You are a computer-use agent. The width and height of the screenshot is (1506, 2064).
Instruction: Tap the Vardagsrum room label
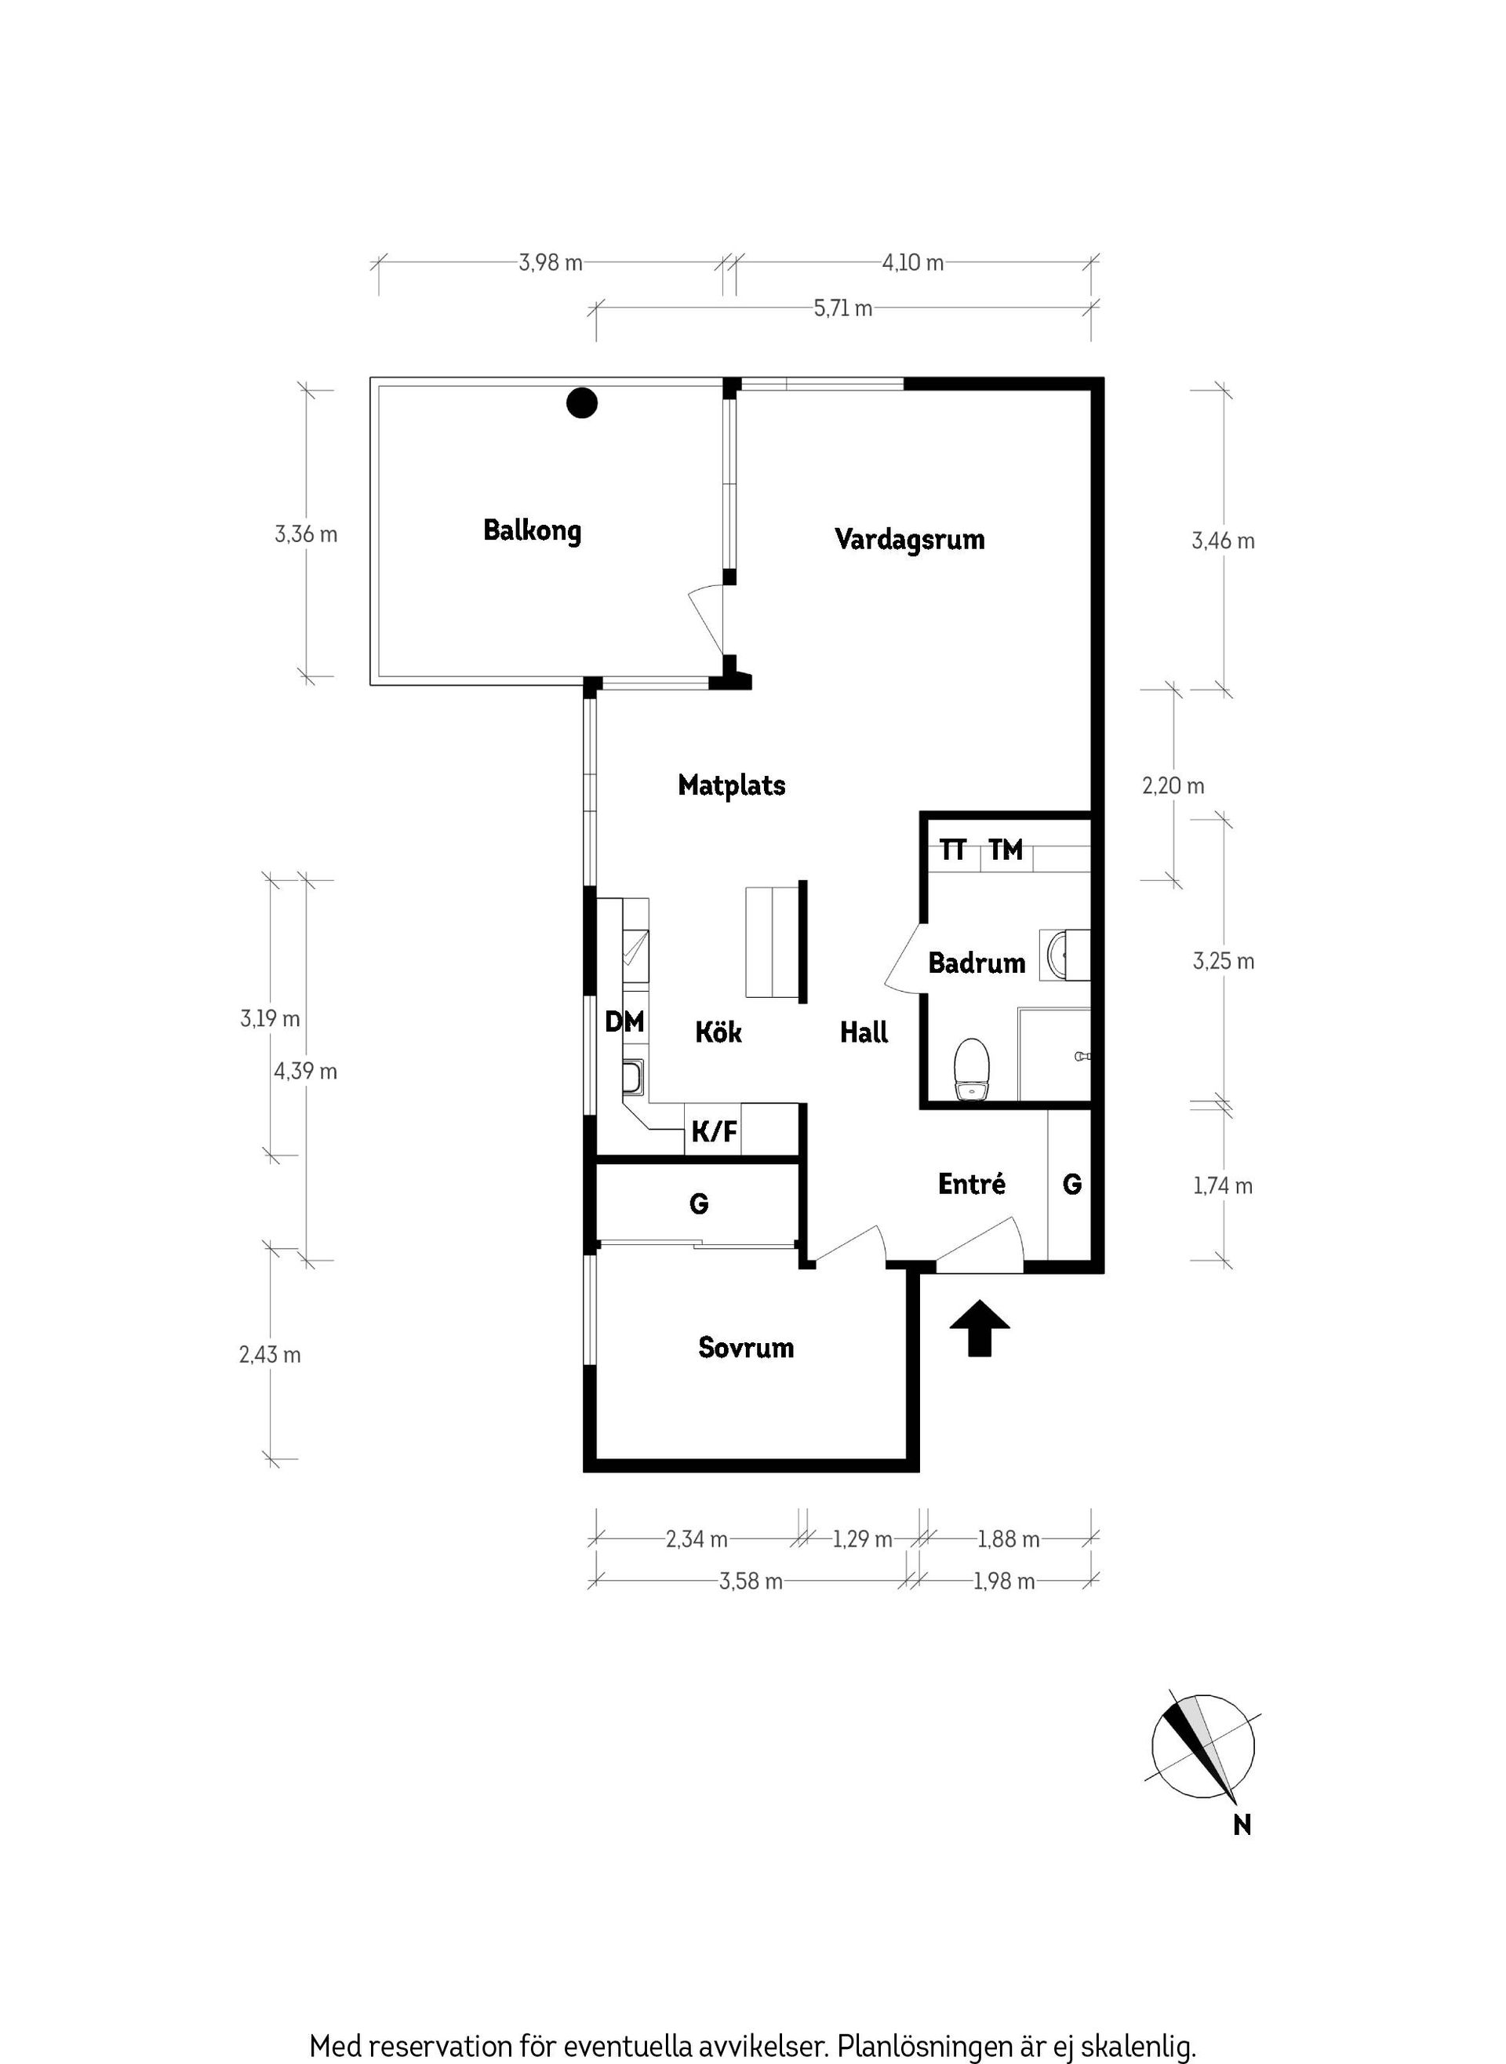click(x=909, y=539)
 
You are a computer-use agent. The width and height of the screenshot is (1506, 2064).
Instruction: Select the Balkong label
click(x=532, y=530)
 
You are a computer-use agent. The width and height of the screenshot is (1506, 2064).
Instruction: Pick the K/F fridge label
click(x=714, y=1132)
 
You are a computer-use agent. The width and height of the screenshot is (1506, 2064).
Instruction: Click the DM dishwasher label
click(x=624, y=1021)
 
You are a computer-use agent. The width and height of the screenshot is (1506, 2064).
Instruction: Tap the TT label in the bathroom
click(x=953, y=850)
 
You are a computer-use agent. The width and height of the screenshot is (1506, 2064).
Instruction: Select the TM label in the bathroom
click(x=1006, y=850)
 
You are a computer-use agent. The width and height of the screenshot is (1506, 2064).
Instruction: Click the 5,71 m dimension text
click(x=842, y=308)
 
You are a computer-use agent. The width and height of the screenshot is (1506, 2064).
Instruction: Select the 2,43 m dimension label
click(x=270, y=1355)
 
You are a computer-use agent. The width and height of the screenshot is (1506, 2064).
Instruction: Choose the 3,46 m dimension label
click(x=1223, y=541)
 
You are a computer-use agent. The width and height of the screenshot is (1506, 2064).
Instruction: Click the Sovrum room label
click(x=746, y=1348)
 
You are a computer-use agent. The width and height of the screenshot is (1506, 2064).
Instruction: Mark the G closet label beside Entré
click(x=1072, y=1185)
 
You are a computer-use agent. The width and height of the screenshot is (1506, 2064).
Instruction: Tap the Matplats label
click(x=731, y=785)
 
